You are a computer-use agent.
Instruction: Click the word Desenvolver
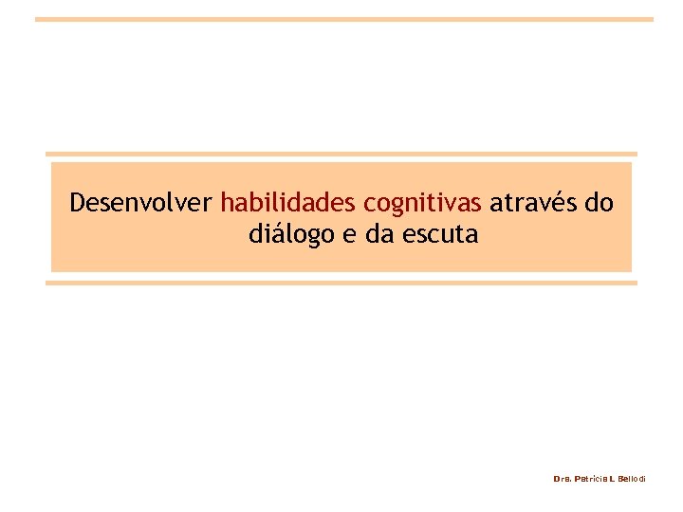point(141,203)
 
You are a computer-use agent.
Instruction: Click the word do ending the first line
point(600,203)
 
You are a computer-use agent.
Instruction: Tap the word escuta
point(440,233)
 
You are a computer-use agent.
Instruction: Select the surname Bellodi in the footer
point(631,479)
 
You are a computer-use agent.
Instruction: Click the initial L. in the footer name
point(612,479)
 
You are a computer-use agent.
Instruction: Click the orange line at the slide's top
point(344,19)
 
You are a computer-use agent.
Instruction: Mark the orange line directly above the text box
point(341,155)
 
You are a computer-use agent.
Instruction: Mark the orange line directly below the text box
point(341,283)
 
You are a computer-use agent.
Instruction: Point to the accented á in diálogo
point(274,233)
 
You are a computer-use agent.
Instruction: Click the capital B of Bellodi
point(619,479)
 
